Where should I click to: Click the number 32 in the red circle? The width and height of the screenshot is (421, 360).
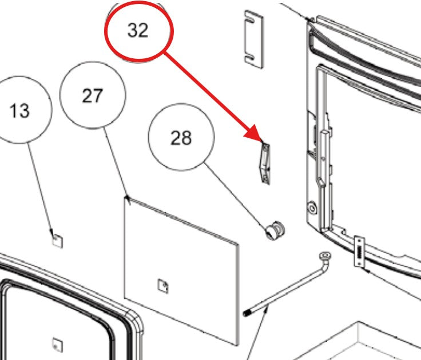138,30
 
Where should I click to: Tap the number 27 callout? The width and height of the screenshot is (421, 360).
93,95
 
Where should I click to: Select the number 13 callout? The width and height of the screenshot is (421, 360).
20,110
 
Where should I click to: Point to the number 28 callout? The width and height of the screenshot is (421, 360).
181,137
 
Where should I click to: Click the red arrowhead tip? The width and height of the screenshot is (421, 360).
263,142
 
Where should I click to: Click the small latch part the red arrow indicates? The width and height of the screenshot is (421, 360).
265,163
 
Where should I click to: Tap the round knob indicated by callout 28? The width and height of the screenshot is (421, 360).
275,231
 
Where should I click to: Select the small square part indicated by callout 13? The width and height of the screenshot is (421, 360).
57,241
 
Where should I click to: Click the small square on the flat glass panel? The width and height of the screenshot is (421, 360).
163,286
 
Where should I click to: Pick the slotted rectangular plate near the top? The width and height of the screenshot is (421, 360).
254,39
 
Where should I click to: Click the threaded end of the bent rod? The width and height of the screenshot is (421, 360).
247,313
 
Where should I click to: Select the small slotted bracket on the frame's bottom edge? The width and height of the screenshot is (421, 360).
359,251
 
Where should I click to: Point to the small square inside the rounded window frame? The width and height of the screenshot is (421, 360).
57,345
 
